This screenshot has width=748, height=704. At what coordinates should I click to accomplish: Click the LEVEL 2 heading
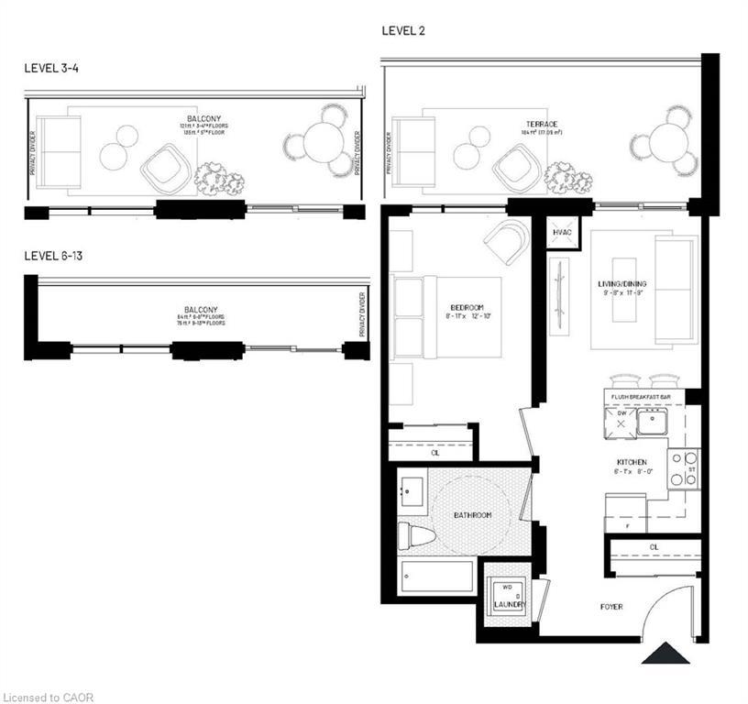pyautogui.click(x=403, y=31)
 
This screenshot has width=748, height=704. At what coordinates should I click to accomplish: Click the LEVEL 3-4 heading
pyautogui.click(x=52, y=69)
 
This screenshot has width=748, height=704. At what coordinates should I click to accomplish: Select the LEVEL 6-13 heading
pyautogui.click(x=55, y=256)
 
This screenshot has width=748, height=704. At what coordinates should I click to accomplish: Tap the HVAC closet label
pyautogui.click(x=562, y=234)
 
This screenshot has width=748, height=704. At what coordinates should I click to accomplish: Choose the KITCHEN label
pyautogui.click(x=632, y=462)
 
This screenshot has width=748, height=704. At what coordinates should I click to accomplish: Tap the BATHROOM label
pyautogui.click(x=472, y=515)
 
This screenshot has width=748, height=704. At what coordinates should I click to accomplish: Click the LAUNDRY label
pyautogui.click(x=509, y=605)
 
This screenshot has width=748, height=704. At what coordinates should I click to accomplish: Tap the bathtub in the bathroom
pyautogui.click(x=437, y=577)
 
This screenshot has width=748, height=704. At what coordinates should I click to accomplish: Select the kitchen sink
pyautogui.click(x=652, y=423)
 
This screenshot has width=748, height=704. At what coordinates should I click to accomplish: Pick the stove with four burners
pyautogui.click(x=683, y=467)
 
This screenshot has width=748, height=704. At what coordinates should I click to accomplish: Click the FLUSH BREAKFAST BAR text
pyautogui.click(x=646, y=396)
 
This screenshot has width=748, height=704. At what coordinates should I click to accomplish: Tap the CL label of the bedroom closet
pyautogui.click(x=434, y=452)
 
